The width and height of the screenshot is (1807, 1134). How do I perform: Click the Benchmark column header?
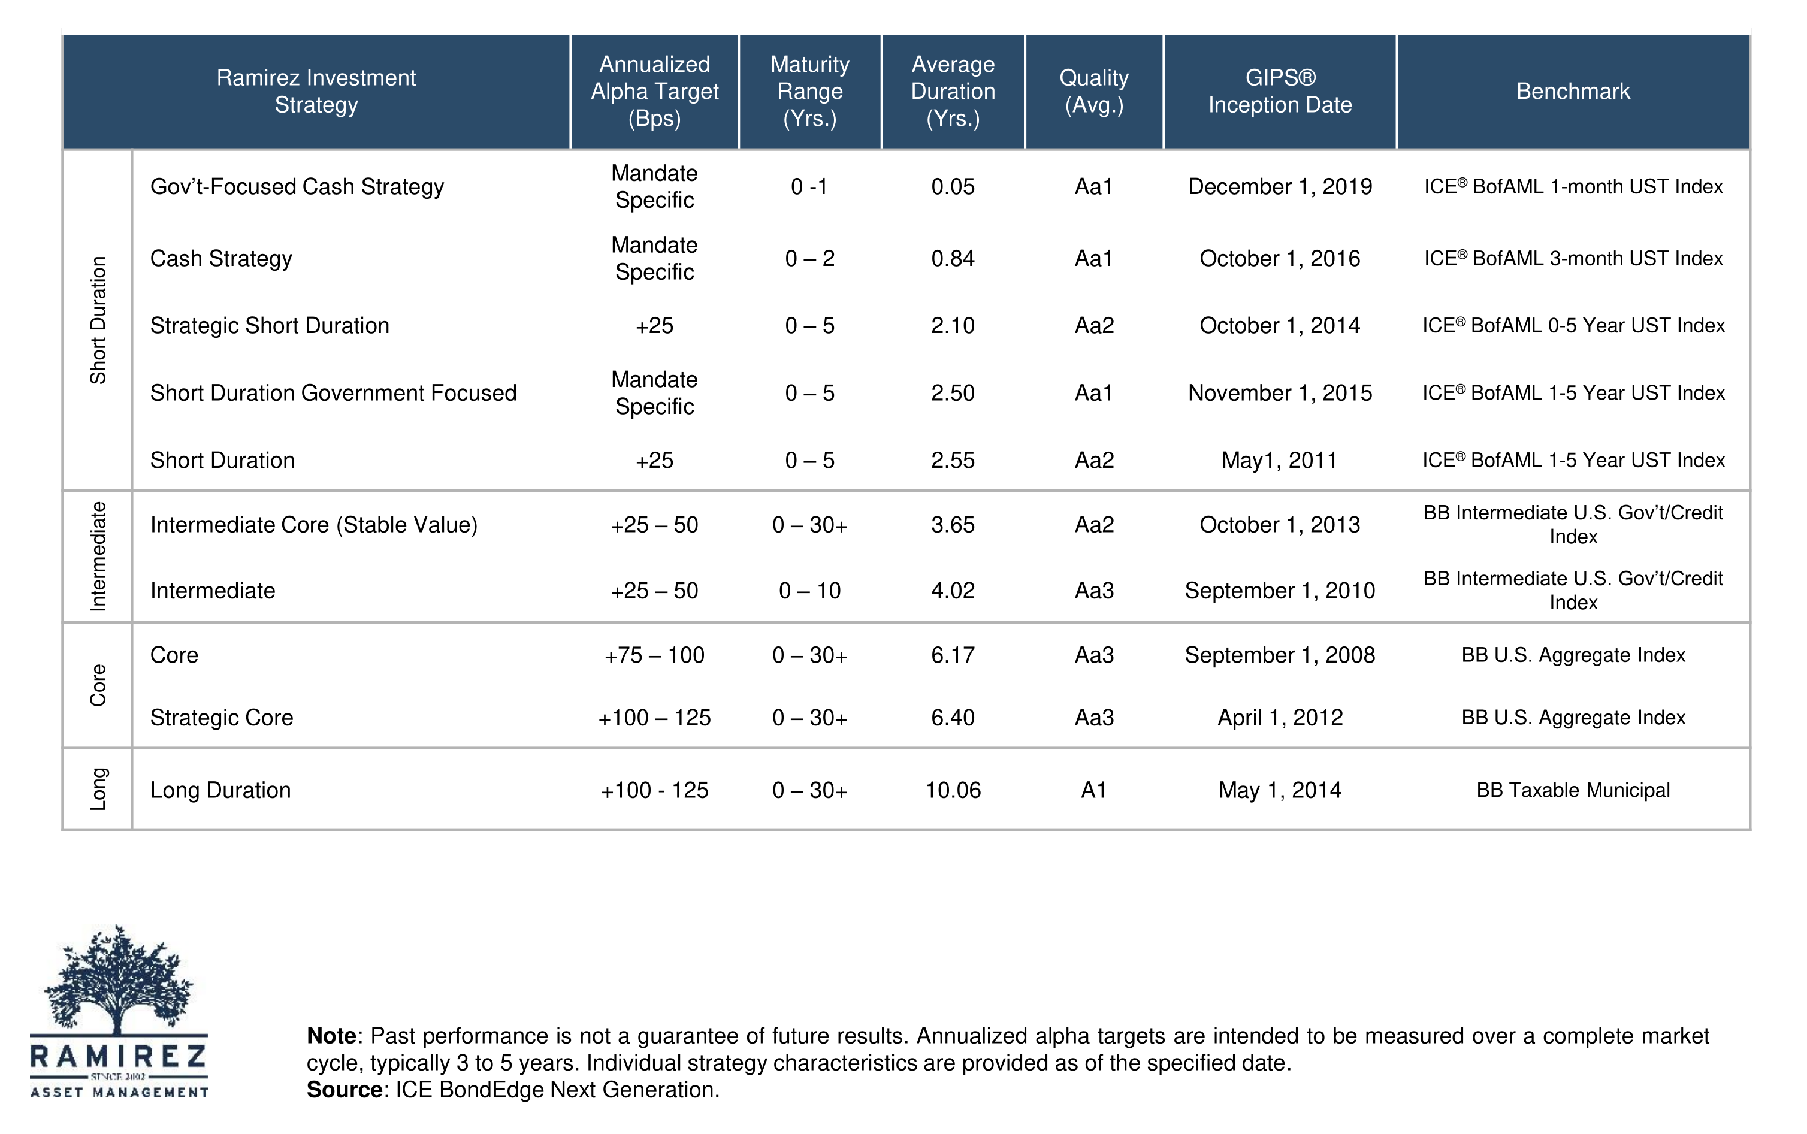coord(1572,92)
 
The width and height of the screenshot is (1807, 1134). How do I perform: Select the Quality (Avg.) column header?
coord(1093,92)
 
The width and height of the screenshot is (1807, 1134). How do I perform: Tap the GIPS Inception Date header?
coord(1280,92)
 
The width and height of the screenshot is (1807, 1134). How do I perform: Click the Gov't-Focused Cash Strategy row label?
coord(297,187)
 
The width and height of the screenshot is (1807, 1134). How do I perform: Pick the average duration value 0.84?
coord(953,259)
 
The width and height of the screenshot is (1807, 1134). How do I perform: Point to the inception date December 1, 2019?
coord(1280,187)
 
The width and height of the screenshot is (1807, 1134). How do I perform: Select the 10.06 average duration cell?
coord(953,790)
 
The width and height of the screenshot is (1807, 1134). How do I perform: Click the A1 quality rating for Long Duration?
coord(1093,790)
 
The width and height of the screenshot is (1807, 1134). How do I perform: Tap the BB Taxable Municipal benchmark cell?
coord(1572,790)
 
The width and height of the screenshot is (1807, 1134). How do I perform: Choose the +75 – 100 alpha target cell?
coord(654,655)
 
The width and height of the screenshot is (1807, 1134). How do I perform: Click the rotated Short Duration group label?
coord(98,320)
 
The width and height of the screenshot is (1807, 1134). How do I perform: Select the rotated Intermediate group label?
coord(98,557)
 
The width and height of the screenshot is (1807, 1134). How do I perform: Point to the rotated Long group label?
coord(98,789)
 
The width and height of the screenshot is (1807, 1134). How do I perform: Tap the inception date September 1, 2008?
coord(1280,655)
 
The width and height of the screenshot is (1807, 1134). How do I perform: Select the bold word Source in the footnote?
coord(345,1090)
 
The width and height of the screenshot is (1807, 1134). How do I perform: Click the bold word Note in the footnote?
coord(331,1036)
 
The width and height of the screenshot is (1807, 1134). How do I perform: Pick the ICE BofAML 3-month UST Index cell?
coord(1572,259)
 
